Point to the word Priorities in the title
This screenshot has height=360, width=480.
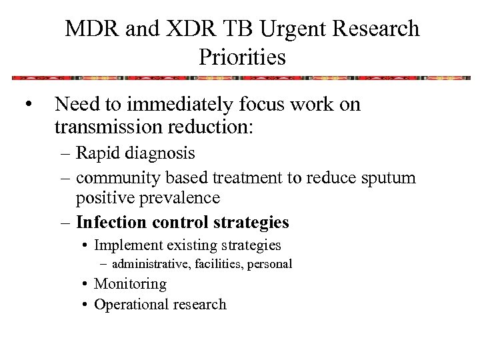pyautogui.click(x=242, y=57)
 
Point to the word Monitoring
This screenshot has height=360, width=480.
pyautogui.click(x=130, y=283)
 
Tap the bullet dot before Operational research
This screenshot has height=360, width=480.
pyautogui.click(x=87, y=305)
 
